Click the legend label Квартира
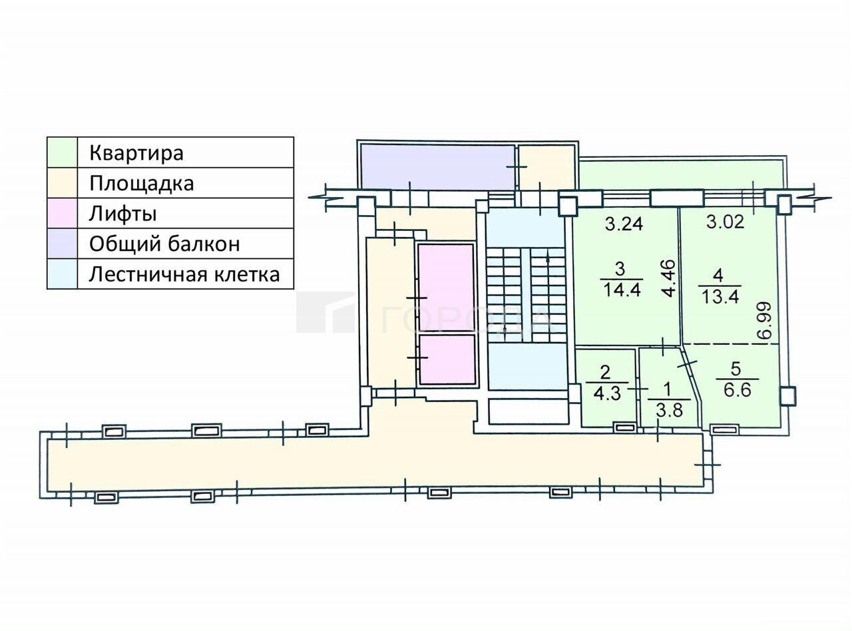click(x=136, y=153)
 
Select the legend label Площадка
click(x=141, y=183)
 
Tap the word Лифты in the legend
click(x=123, y=214)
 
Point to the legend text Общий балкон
click(x=164, y=244)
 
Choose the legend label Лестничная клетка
click(x=184, y=274)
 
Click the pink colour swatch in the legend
click(x=62, y=213)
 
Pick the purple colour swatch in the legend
click(x=62, y=244)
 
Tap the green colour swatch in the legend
click(x=62, y=152)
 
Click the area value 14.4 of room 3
click(x=622, y=289)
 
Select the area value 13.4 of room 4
click(x=720, y=296)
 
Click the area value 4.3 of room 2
click(x=607, y=393)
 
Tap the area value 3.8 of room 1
click(x=669, y=411)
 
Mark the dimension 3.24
click(x=624, y=224)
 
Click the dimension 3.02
click(x=726, y=222)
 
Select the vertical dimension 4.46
click(x=669, y=279)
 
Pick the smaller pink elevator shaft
click(x=447, y=359)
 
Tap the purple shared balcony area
click(x=437, y=167)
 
